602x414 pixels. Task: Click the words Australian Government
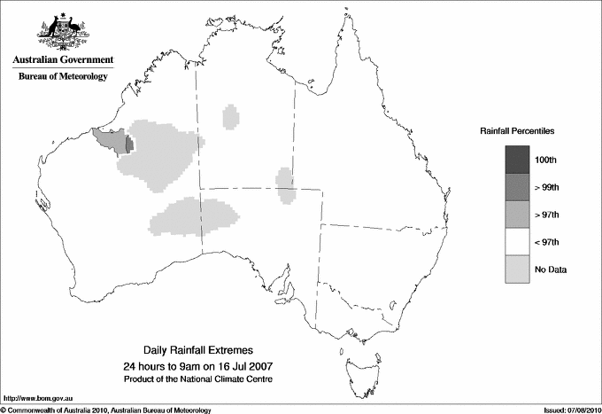click(63, 60)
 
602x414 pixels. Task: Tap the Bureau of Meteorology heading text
click(63, 77)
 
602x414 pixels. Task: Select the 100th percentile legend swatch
click(517, 160)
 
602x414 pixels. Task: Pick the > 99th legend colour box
click(517, 187)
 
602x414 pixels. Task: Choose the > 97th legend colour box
click(517, 215)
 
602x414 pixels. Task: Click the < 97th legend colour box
click(517, 242)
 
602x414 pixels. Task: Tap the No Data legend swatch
click(517, 269)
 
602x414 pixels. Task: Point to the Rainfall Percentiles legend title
click(517, 130)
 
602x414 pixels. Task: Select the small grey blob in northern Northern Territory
click(231, 115)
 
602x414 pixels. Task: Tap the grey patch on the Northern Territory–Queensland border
click(285, 185)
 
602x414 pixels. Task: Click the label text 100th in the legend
click(545, 160)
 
